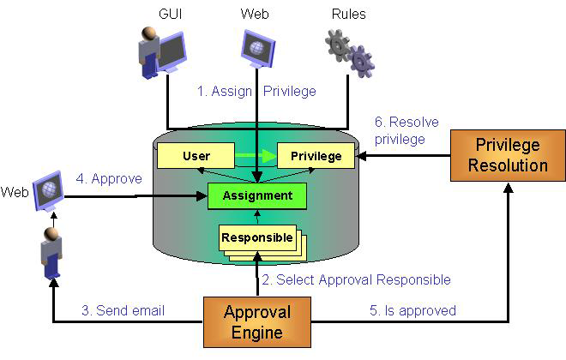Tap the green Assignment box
[x=258, y=195]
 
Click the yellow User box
[x=196, y=156]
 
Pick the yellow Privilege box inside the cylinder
[x=315, y=156]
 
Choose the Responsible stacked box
[x=257, y=237]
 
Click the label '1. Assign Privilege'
[x=256, y=91]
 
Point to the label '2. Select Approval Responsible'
[x=355, y=279]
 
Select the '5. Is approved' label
[x=412, y=310]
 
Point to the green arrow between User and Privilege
[x=256, y=156]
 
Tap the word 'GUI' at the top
[x=170, y=15]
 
